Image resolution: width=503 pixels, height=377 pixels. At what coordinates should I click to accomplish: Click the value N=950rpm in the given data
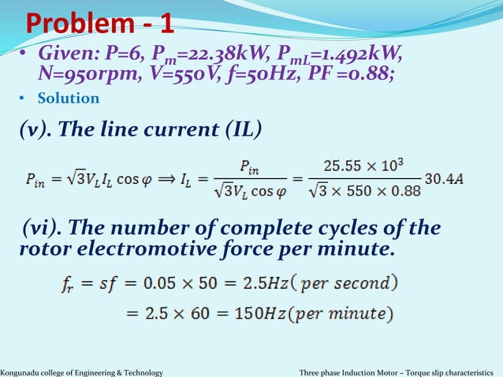[80, 76]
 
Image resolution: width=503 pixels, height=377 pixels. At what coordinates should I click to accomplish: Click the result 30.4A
[444, 179]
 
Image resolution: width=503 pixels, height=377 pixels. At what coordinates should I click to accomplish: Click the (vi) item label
[43, 230]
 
